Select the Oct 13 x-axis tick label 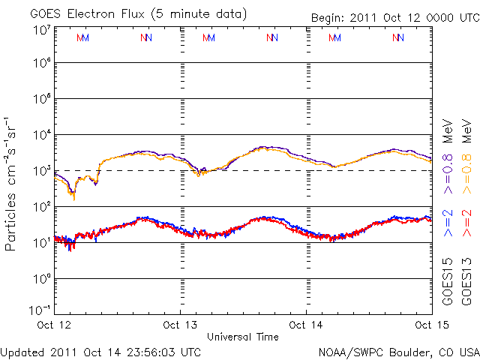pos(181,325)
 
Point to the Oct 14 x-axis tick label pos(307,325)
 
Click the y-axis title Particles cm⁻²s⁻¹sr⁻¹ pos(11,184)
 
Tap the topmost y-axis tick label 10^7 pos(42,30)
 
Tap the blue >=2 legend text pos(448,223)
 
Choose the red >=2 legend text pos(466,223)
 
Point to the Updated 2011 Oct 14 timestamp pos(101,351)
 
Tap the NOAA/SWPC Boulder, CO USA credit pos(398,351)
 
